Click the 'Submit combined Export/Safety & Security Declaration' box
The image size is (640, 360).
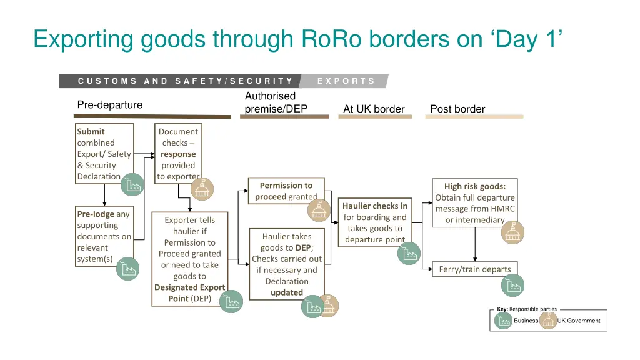(x=104, y=154)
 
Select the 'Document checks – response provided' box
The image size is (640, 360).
(x=179, y=154)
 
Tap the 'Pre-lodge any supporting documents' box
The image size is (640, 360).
(x=104, y=236)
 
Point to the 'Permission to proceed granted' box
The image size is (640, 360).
(x=286, y=191)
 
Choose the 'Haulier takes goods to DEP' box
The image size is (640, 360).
(x=287, y=264)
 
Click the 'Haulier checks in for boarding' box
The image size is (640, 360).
(x=375, y=222)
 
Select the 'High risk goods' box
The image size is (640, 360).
(x=475, y=202)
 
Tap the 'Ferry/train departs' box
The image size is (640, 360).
(x=475, y=269)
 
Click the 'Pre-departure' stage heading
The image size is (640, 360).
(x=110, y=104)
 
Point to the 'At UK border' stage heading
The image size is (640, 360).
(x=374, y=109)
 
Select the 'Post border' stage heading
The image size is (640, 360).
(x=457, y=109)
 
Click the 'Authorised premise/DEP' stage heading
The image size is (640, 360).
(x=276, y=102)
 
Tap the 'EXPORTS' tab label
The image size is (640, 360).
(x=346, y=81)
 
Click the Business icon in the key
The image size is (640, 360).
(x=503, y=321)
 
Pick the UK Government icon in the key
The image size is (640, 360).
(x=548, y=321)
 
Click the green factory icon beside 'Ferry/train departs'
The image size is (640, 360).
(x=512, y=285)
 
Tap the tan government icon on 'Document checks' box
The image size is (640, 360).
(x=202, y=189)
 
